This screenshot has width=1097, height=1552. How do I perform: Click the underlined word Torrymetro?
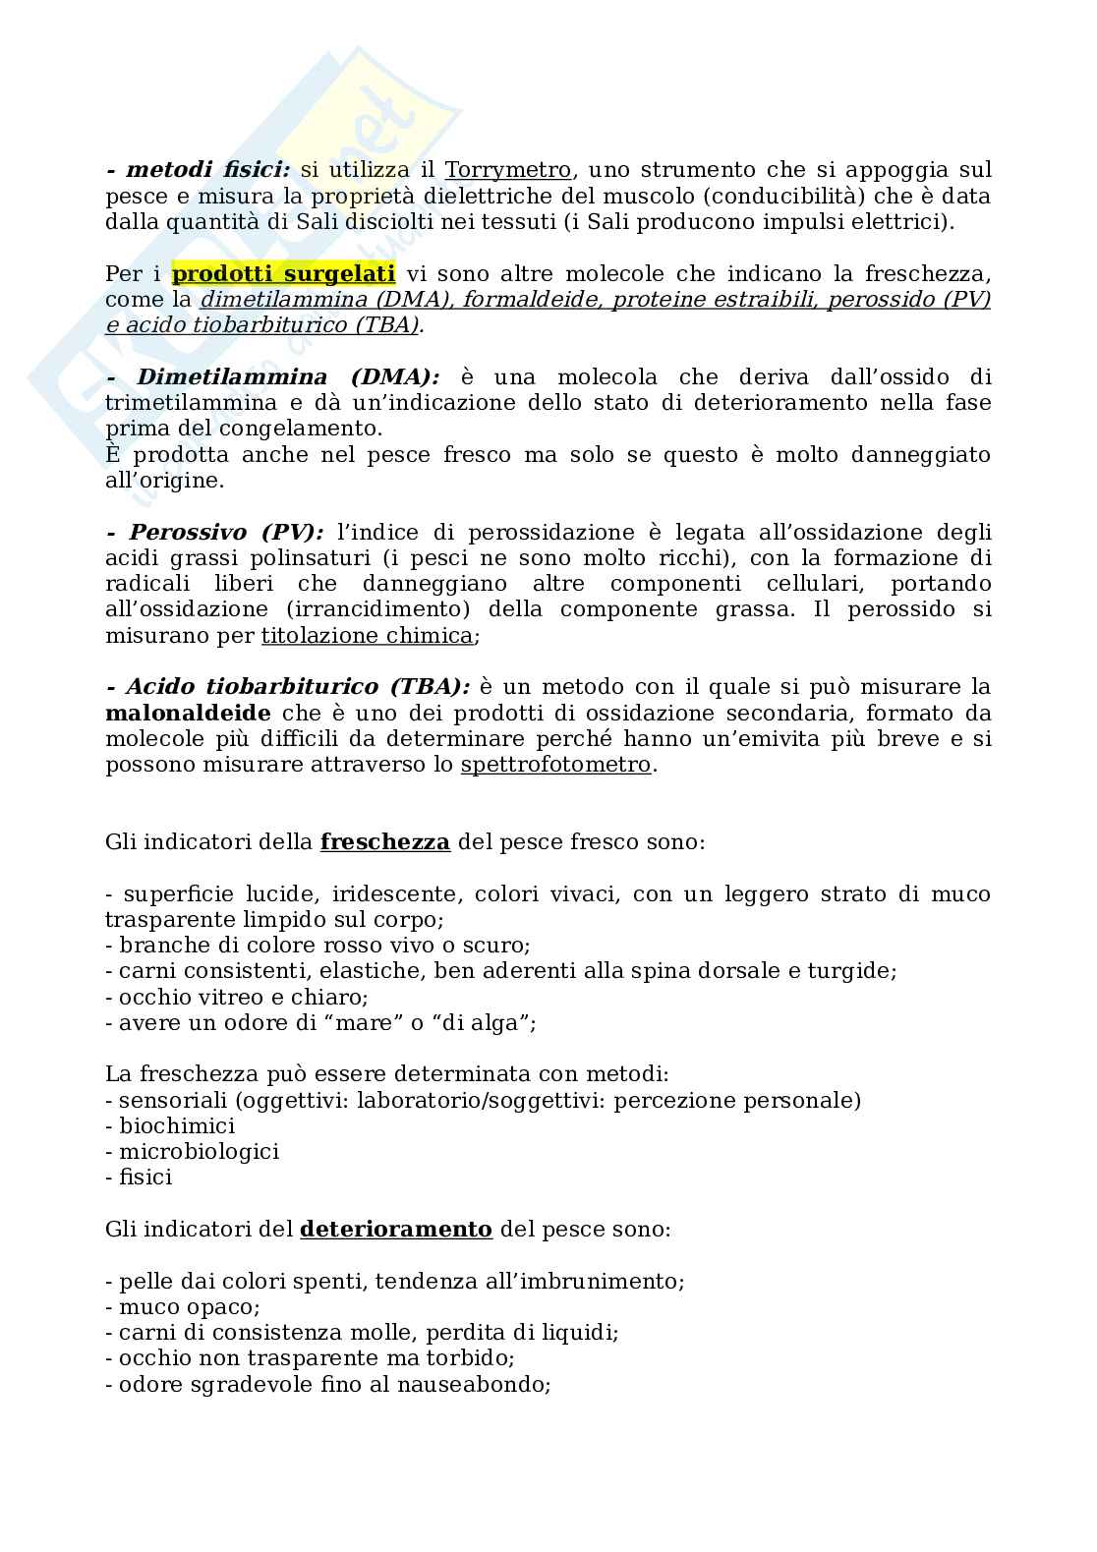(507, 170)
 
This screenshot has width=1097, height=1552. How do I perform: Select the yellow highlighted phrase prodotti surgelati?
(283, 273)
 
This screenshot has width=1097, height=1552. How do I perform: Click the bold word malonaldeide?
(188, 713)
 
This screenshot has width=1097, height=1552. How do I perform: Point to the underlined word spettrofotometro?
(555, 765)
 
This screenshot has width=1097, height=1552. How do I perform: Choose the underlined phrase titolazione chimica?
(367, 635)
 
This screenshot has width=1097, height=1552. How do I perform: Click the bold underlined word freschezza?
(385, 842)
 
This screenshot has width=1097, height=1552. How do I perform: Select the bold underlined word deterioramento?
(395, 1230)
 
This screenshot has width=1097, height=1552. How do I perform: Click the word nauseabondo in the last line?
(472, 1385)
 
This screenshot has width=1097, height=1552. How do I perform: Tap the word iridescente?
(395, 894)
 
